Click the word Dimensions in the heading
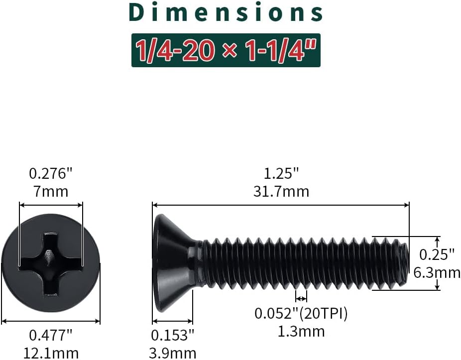click(226, 13)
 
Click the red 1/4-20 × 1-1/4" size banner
click(226, 50)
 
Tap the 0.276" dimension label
click(51, 174)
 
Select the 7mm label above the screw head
click(51, 192)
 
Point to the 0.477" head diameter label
click(51, 335)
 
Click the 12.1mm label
click(51, 353)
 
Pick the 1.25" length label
click(281, 174)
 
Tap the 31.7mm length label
click(281, 192)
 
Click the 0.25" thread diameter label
click(437, 255)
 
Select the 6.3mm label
click(437, 273)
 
